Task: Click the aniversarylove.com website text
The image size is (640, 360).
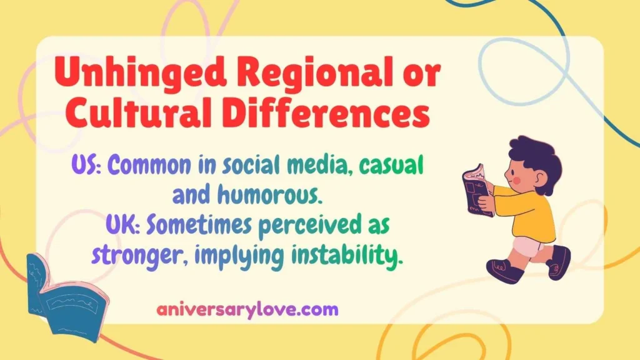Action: tap(248, 309)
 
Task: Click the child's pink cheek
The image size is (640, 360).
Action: tap(516, 181)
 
